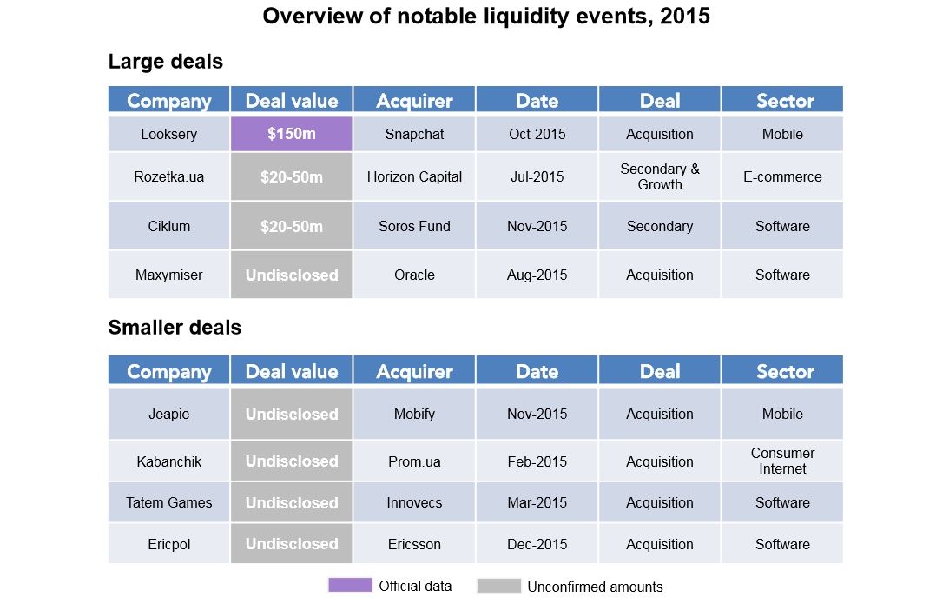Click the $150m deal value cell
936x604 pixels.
click(291, 135)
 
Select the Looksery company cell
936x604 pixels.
click(168, 135)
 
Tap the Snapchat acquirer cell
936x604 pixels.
click(414, 135)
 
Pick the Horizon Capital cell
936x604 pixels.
click(414, 176)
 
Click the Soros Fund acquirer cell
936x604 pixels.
click(414, 226)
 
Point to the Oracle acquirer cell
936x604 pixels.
click(414, 275)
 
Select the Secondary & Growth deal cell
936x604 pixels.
click(660, 176)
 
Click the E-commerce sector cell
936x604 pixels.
click(782, 176)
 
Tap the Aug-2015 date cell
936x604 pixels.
click(537, 275)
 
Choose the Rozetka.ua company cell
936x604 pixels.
click(168, 176)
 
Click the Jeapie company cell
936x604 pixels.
click(168, 414)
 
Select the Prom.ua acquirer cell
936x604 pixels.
click(414, 461)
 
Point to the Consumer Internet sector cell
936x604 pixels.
click(782, 461)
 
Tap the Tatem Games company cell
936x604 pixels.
click(168, 502)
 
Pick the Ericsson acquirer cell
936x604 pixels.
click(414, 544)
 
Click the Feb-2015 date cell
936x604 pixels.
click(537, 461)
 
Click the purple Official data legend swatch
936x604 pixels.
click(349, 585)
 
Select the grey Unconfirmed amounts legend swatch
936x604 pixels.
click(498, 586)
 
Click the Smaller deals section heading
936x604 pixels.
click(175, 328)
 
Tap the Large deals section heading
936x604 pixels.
click(165, 62)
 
